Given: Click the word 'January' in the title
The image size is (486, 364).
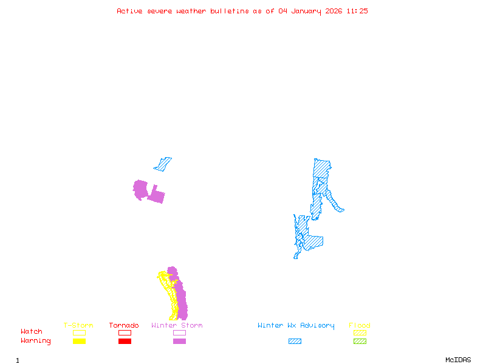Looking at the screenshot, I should pyautogui.click(x=307, y=11).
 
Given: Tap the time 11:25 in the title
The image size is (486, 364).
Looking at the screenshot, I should pyautogui.click(x=357, y=11).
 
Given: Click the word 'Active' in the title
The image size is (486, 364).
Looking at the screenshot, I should pyautogui.click(x=130, y=11).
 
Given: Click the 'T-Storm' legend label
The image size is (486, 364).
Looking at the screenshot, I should pyautogui.click(x=78, y=326).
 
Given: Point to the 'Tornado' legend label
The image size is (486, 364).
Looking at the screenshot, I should pyautogui.click(x=124, y=326).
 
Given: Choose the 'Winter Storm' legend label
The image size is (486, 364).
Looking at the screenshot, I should pyautogui.click(x=177, y=326).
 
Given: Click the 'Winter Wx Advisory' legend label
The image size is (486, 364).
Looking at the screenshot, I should pyautogui.click(x=296, y=326).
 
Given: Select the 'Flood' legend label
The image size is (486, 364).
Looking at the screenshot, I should pyautogui.click(x=360, y=326).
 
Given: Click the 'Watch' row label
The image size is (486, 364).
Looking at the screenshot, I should pyautogui.click(x=32, y=332).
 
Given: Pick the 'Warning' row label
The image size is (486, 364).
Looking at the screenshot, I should pyautogui.click(x=36, y=341).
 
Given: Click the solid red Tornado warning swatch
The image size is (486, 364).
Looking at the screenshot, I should pyautogui.click(x=125, y=341).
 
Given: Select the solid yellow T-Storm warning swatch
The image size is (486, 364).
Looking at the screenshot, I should pyautogui.click(x=79, y=341).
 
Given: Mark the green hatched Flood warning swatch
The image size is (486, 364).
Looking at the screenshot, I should pyautogui.click(x=360, y=341).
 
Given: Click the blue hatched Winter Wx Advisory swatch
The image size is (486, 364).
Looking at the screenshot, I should pyautogui.click(x=295, y=341).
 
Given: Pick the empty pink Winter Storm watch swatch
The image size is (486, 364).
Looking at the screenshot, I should pyautogui.click(x=179, y=332).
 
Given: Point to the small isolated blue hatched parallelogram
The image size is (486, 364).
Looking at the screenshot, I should pyautogui.click(x=163, y=164).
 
